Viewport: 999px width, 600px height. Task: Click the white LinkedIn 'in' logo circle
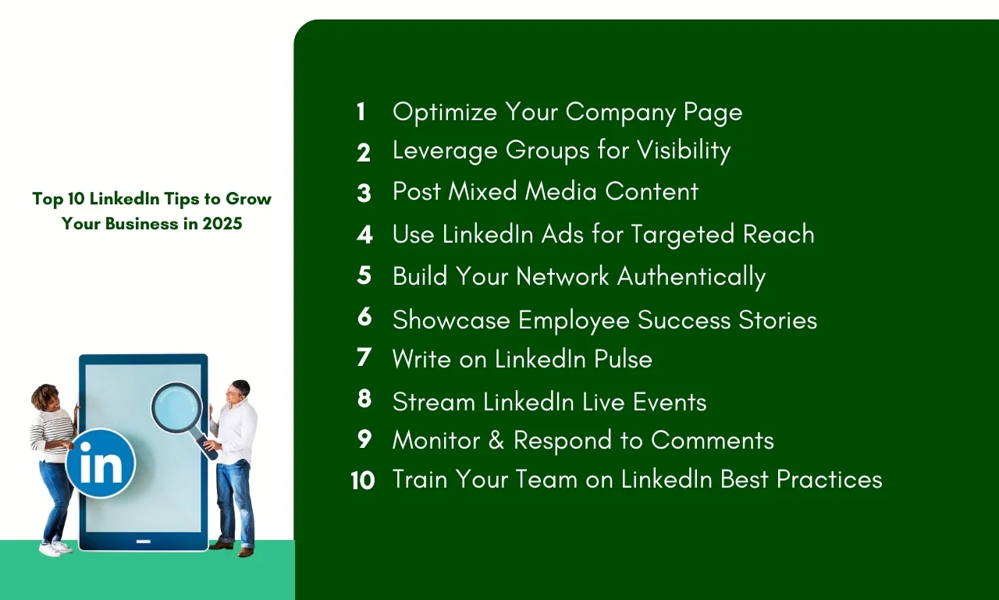coord(101,463)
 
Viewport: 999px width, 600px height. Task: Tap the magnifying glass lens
coord(176,409)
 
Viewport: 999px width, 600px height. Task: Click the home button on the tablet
coord(143,541)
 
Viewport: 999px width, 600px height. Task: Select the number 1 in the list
coord(361,112)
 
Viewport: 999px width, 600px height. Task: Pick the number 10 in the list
coord(363,481)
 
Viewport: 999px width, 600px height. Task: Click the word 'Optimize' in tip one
coord(445,112)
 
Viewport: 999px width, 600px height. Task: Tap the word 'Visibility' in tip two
coord(684,151)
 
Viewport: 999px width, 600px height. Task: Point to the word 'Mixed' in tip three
coord(482,191)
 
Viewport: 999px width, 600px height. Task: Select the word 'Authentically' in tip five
coord(691,277)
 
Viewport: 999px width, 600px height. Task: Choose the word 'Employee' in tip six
coord(574,321)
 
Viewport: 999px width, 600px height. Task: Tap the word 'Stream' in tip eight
coord(433,402)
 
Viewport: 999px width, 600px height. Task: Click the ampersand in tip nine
coord(496,440)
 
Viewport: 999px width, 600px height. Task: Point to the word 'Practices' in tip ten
coord(829,480)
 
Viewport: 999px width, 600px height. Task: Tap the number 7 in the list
coord(364,357)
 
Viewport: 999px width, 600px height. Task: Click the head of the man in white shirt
coord(238,392)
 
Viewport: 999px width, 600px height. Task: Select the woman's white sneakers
coord(55,548)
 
